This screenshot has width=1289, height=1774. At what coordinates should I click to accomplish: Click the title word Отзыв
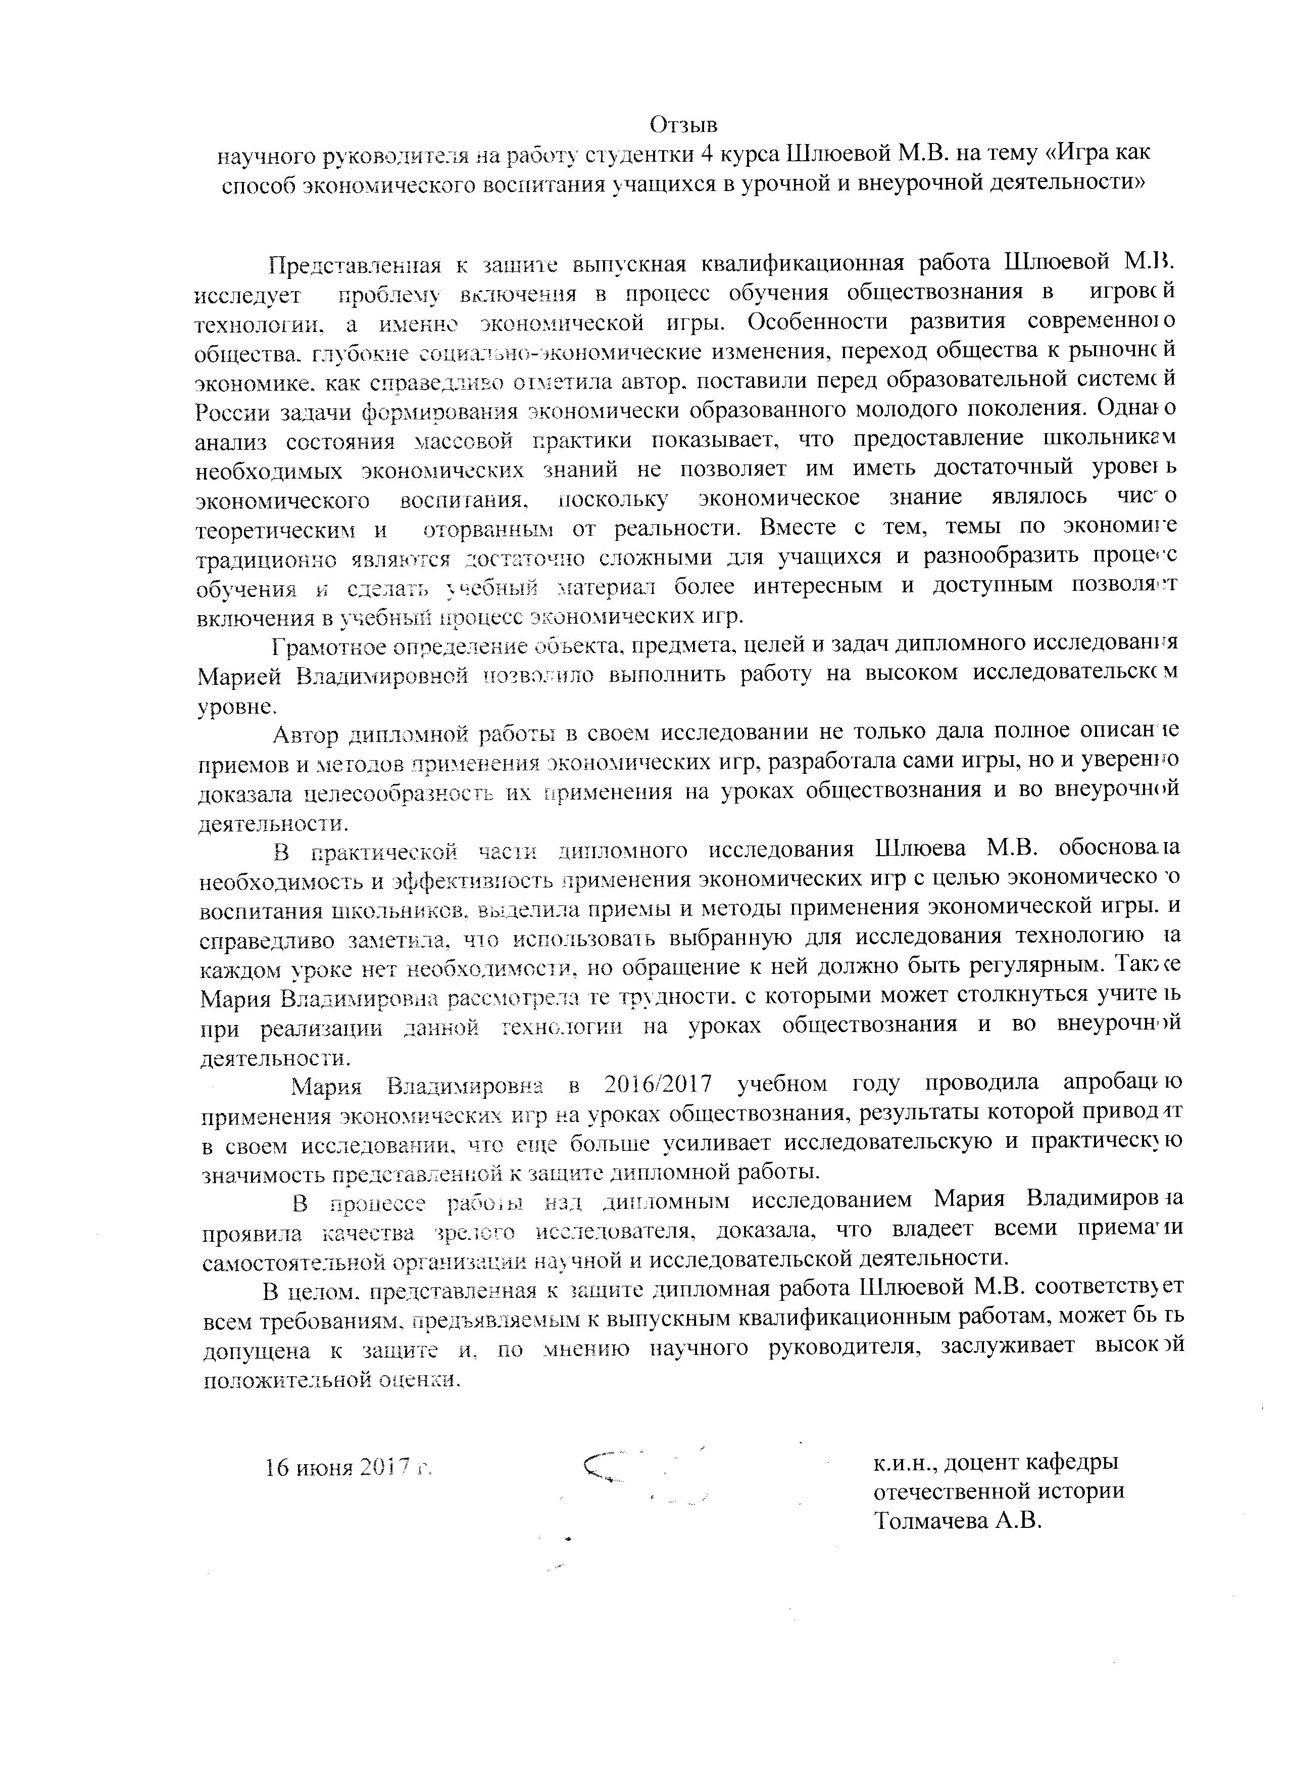(x=683, y=125)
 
